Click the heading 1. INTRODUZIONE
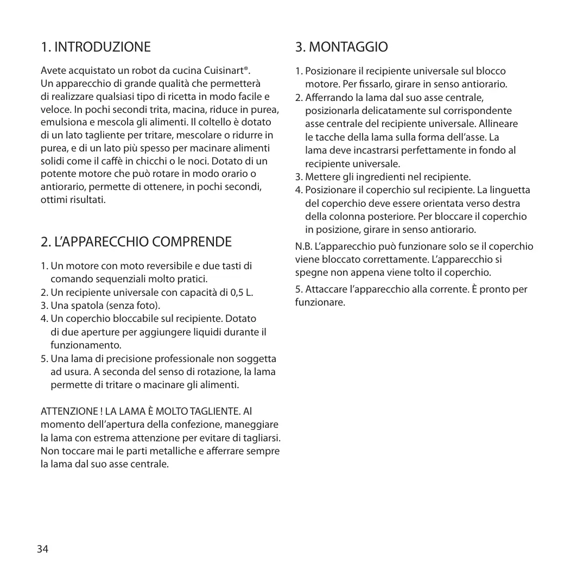coord(96,47)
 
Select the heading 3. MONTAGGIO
coord(341,47)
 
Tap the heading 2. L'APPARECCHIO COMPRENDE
coord(136,241)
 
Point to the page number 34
coord(42,549)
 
